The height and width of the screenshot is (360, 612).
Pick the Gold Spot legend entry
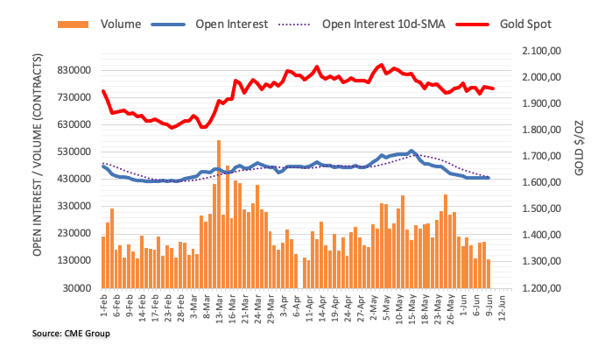(522, 24)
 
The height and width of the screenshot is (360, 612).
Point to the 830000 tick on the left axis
(74, 70)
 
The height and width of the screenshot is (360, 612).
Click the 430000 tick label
(74, 179)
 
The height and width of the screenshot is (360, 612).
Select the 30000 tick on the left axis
(77, 287)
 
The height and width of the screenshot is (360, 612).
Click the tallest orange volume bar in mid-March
(219, 214)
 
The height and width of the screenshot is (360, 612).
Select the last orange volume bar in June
(489, 273)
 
